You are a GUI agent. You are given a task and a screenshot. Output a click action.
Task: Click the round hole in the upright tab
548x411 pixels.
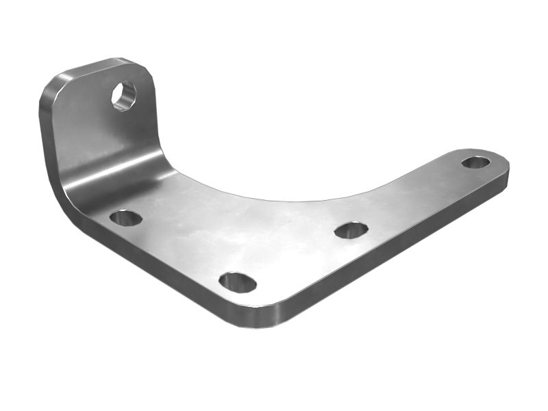tap(124, 95)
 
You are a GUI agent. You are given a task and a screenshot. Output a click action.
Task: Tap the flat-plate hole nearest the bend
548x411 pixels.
tap(126, 218)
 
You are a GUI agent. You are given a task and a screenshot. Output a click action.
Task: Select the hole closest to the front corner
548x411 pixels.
tap(238, 282)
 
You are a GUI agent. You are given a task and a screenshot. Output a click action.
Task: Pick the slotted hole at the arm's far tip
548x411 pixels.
tap(475, 162)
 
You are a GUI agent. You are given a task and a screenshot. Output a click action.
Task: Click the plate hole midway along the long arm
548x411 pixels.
tap(351, 229)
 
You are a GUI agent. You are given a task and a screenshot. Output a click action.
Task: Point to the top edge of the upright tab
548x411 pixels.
tap(103, 63)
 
